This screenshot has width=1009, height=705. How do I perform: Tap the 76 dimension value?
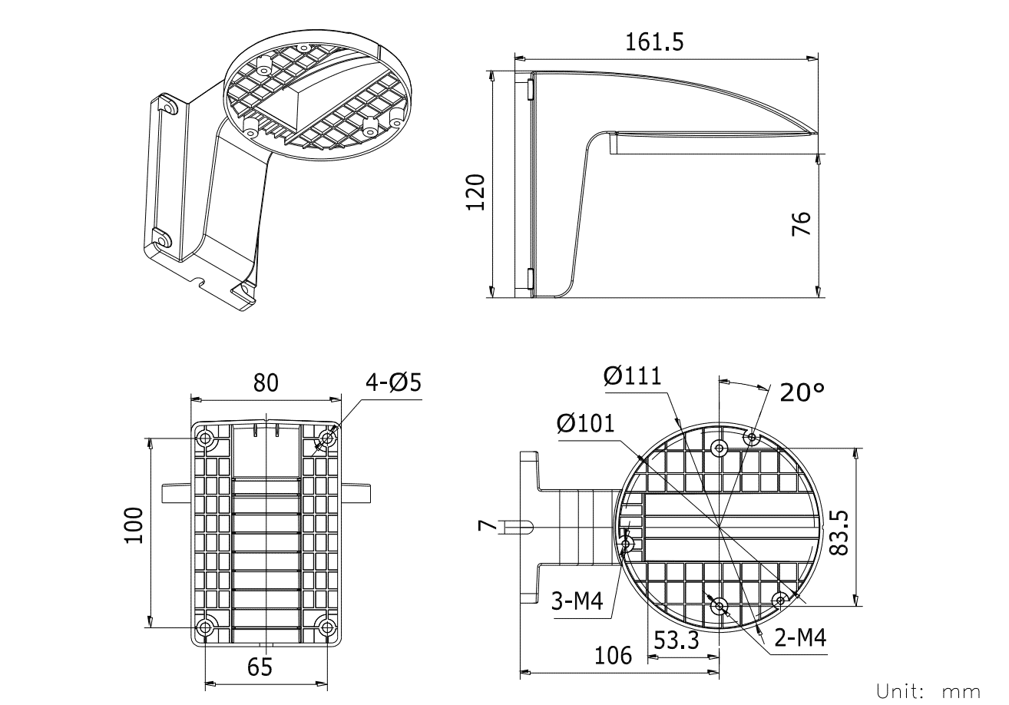800,225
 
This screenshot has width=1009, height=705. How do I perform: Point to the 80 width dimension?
266,382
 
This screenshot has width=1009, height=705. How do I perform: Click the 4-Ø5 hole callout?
394,382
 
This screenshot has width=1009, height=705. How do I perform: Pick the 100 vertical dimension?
136,525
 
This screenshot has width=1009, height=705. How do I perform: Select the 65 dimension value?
260,667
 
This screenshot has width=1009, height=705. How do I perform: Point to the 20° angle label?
802,392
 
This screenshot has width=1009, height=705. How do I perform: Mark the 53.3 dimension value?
676,640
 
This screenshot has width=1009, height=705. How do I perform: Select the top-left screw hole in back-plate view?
205,439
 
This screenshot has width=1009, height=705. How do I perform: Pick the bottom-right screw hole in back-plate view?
327,627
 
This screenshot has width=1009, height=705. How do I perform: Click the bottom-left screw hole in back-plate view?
205,627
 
